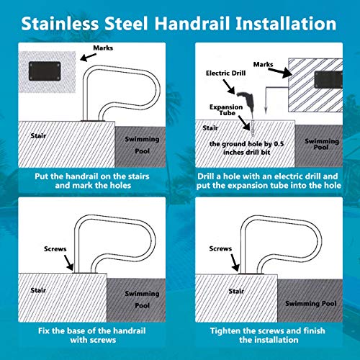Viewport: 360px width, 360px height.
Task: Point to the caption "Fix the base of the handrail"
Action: coord(90,330)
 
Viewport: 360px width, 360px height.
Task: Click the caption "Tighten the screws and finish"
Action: coord(270,330)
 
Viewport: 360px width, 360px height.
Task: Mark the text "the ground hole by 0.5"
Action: coord(250,144)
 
